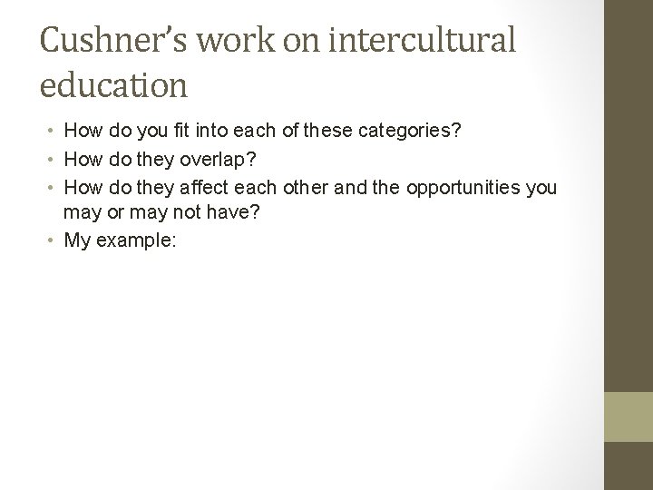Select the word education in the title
(114, 85)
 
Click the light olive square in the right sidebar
(629, 416)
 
